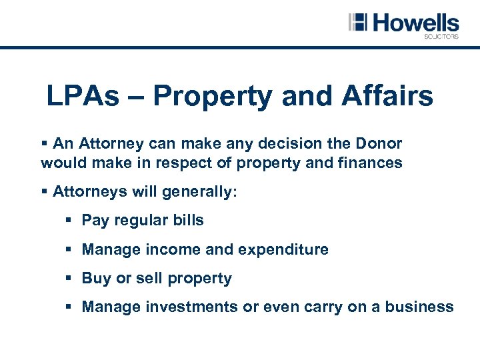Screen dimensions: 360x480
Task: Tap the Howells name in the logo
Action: click(415, 23)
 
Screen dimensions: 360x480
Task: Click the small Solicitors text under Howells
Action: click(441, 37)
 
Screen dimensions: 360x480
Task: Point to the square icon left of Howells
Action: click(358, 22)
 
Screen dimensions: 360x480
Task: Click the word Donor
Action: click(379, 143)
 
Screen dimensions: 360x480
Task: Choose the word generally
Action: click(199, 192)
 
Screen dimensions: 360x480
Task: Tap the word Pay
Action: click(95, 220)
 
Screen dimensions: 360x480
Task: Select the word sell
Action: click(149, 278)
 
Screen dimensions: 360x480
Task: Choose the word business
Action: click(418, 307)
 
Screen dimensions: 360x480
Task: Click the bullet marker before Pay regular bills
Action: click(70, 220)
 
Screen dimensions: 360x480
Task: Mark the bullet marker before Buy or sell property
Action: click(70, 278)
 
